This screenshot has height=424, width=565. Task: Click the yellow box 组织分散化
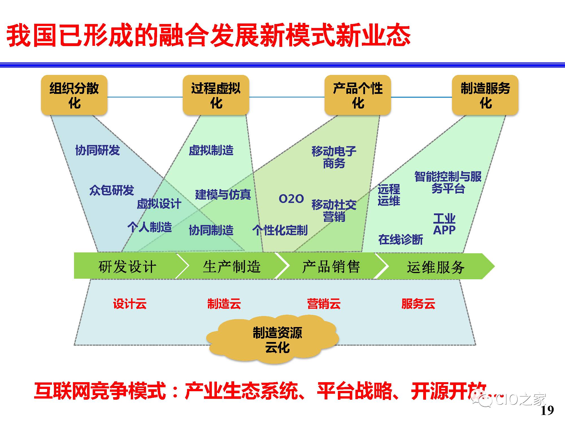pos(74,95)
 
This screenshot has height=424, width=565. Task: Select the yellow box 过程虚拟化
pos(216,95)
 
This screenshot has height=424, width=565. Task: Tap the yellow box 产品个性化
pos(358,95)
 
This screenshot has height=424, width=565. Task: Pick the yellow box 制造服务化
pos(485,95)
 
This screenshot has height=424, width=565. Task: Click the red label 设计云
pos(130,304)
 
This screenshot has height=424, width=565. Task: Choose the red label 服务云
pos(418,304)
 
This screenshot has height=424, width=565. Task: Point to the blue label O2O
pos(291,199)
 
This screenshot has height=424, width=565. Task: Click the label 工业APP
pos(444,224)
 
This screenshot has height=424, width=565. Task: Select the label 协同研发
pos(97,150)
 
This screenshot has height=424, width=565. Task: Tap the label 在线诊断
pos(401,239)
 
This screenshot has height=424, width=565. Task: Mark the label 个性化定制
pos(280,230)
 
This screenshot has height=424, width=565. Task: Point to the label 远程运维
pos(389,195)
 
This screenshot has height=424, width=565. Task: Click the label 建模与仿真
pos(223,194)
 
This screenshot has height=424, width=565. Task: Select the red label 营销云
pos(324,304)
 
